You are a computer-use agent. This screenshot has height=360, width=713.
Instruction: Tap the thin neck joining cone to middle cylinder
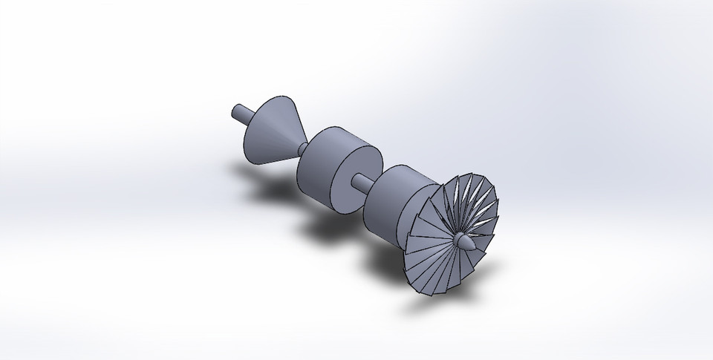[x=302, y=148]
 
